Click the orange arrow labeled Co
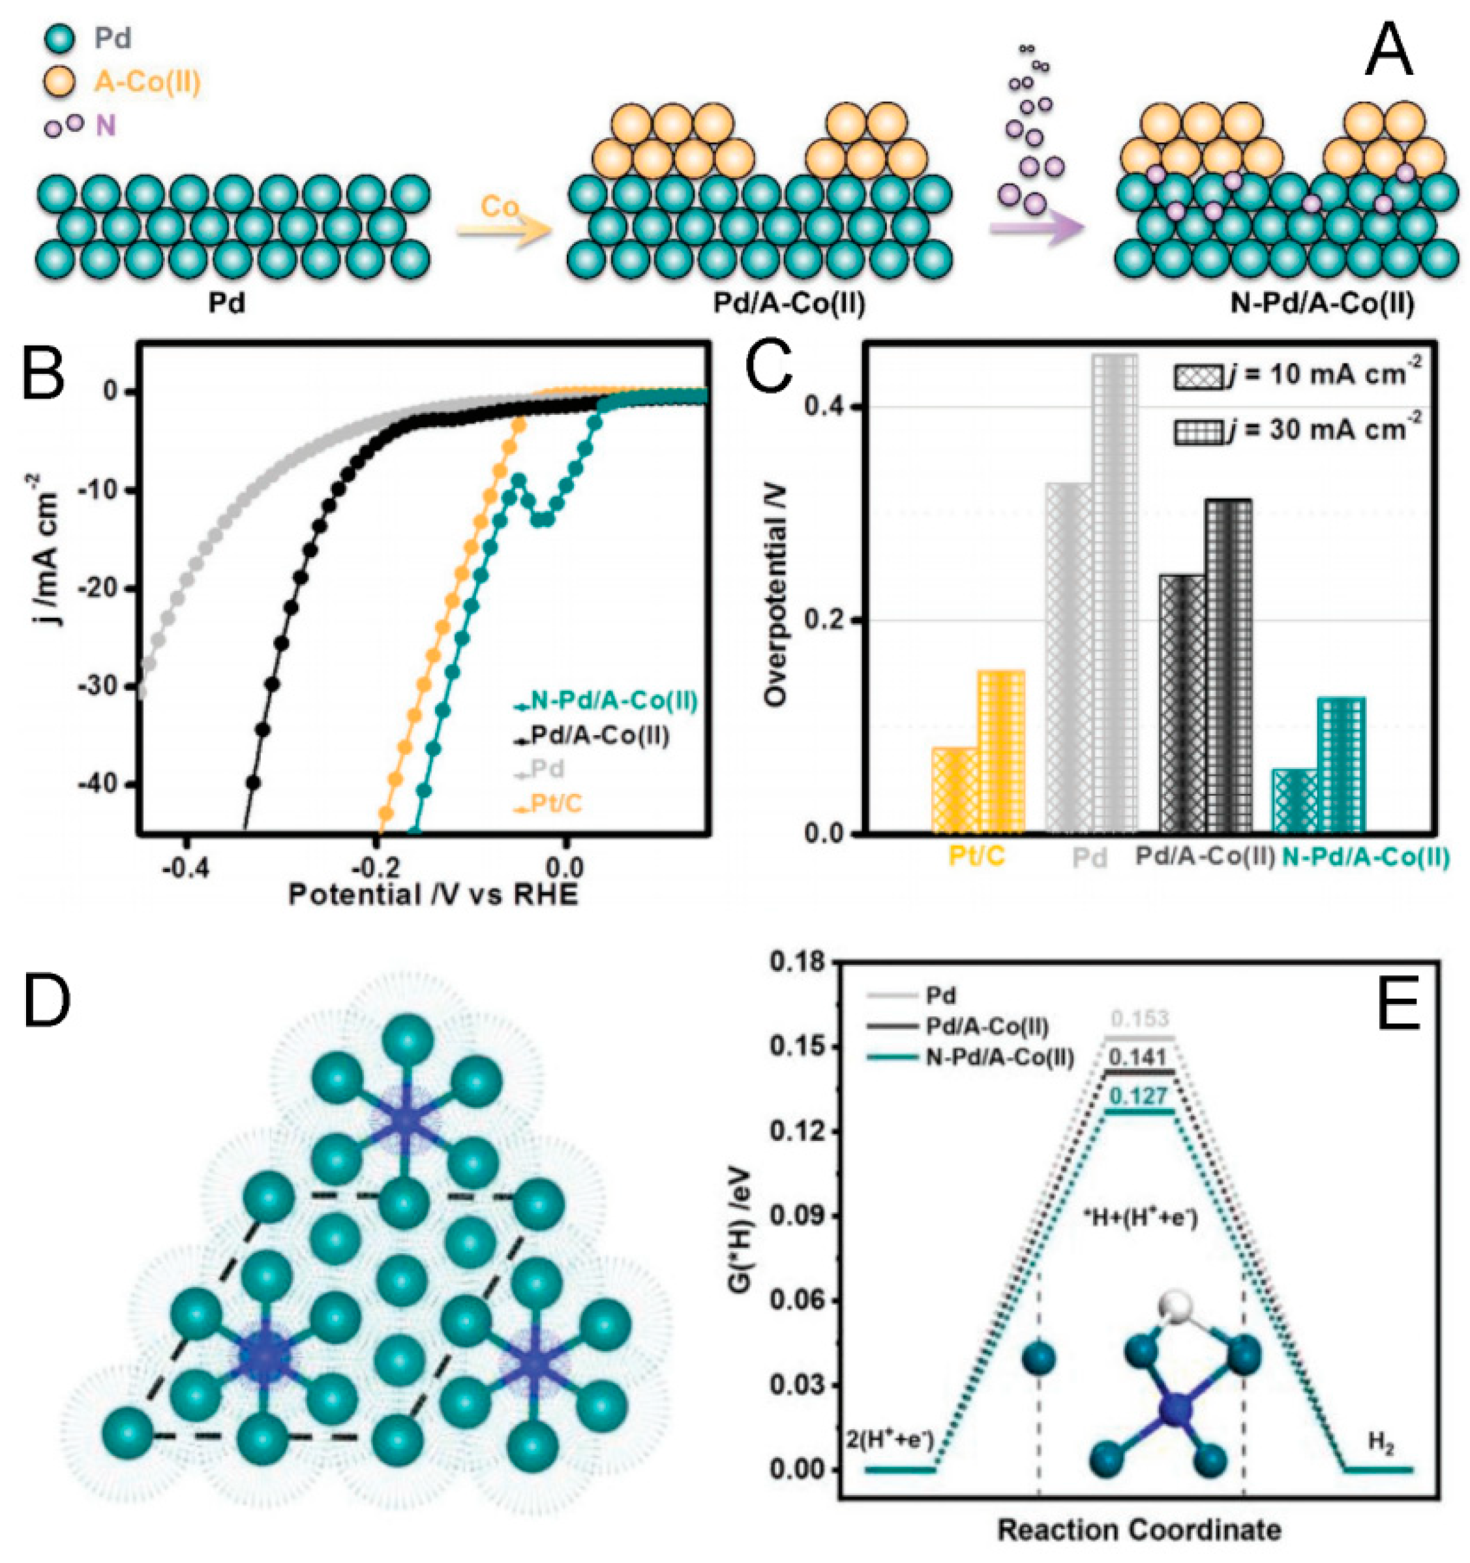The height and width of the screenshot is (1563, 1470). (502, 230)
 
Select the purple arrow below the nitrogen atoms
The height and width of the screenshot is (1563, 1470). (1036, 229)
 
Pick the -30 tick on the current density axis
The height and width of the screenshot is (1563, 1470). (100, 687)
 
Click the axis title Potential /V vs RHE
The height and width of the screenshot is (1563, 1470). (433, 895)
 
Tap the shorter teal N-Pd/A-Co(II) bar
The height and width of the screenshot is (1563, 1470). (1295, 800)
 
